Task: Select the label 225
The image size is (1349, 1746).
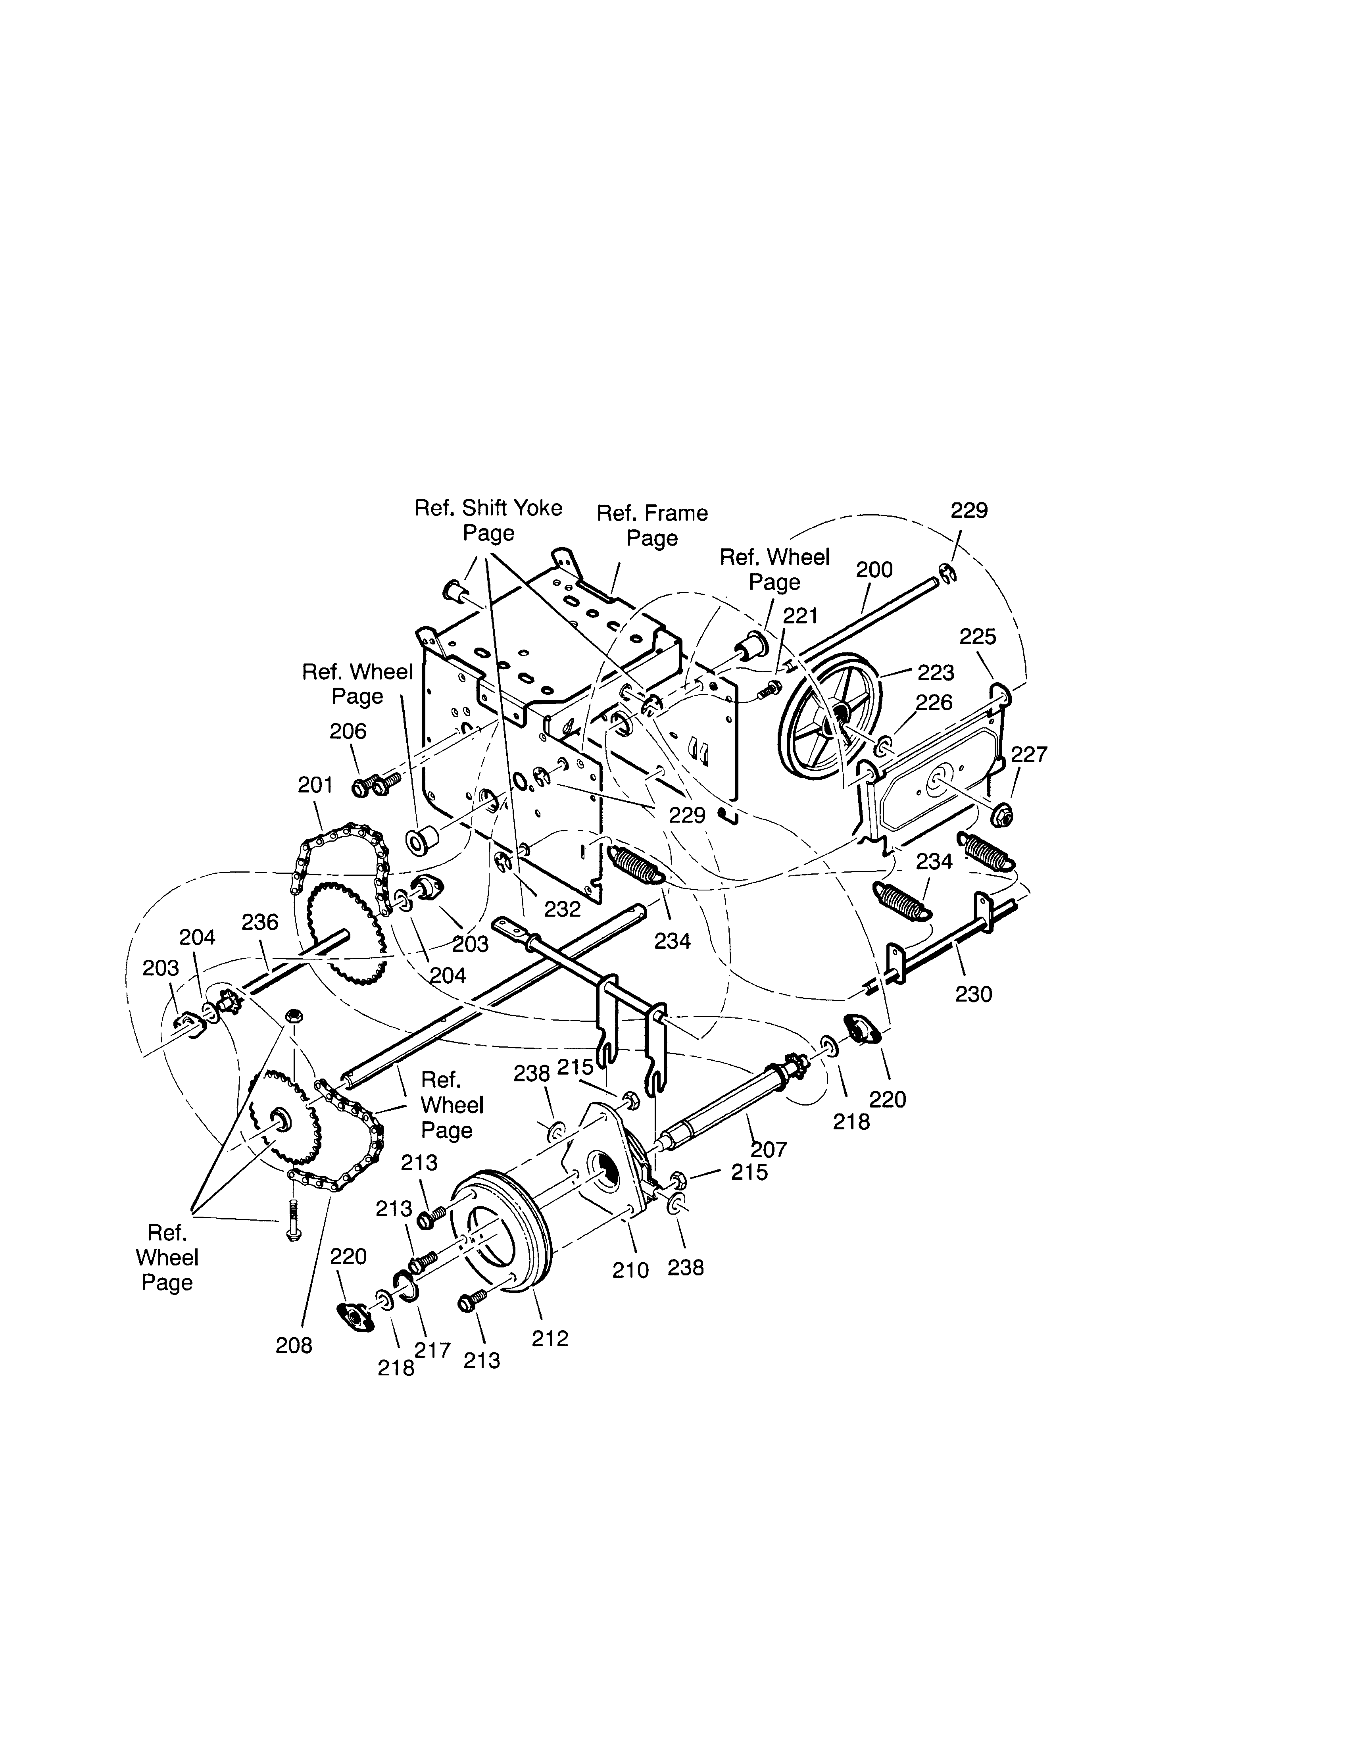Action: [977, 636]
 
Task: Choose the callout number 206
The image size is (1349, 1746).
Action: [348, 731]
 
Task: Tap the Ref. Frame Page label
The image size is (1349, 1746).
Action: [652, 525]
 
